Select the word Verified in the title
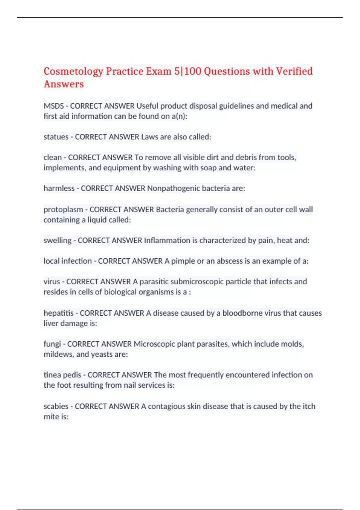click(x=294, y=71)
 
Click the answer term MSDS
click(x=54, y=106)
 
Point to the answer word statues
click(x=56, y=137)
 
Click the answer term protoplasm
click(x=63, y=209)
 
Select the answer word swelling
click(x=58, y=240)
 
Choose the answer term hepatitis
click(x=58, y=313)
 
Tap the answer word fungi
click(x=52, y=344)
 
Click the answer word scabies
click(x=56, y=406)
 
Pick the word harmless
click(x=59, y=188)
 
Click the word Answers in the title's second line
click(x=64, y=84)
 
